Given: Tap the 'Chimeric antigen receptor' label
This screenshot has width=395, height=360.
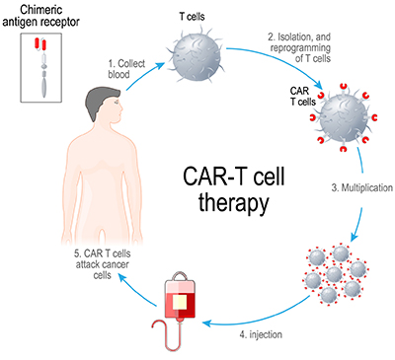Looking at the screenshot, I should click(x=48, y=17).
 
